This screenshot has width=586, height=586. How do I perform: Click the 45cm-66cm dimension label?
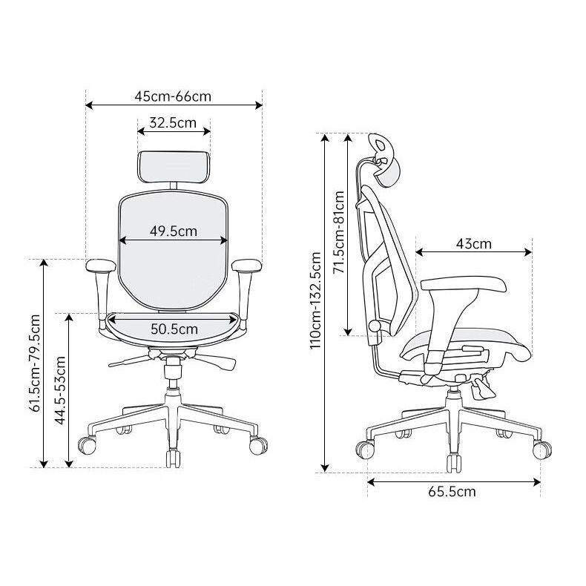[x=173, y=96]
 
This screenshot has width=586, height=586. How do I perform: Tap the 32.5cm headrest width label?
[x=173, y=122]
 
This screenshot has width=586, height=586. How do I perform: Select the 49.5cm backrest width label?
[x=174, y=231]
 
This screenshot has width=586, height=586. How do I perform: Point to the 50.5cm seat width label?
[x=174, y=329]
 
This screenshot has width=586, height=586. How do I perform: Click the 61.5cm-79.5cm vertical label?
[x=35, y=363]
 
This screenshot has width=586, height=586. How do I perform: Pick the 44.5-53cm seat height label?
[x=60, y=390]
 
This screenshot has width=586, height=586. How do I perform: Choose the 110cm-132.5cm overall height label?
[x=315, y=300]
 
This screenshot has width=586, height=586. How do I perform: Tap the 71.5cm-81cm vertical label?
[x=339, y=232]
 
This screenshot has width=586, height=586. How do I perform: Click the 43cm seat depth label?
[x=474, y=244]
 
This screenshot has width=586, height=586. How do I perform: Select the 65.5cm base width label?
[x=452, y=492]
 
